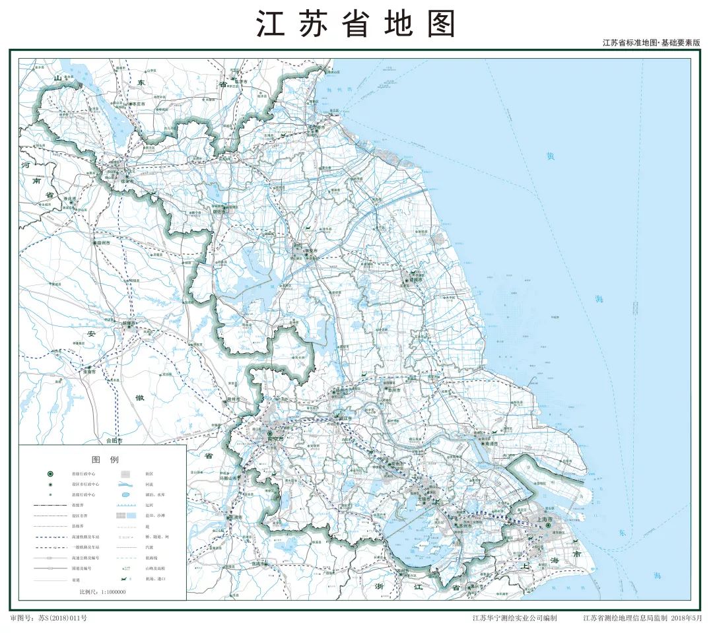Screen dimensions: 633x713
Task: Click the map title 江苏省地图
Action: click(356, 24)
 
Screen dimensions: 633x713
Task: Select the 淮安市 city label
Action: click(306, 251)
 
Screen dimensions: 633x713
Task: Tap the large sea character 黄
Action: click(550, 156)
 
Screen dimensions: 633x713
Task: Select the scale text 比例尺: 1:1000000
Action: click(102, 592)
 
